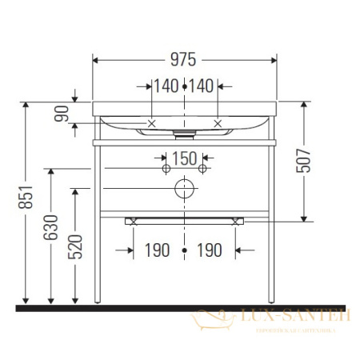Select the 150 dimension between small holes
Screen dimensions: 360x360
tap(185, 158)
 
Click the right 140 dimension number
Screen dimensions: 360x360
tap(203, 86)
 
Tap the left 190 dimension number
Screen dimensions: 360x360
tap(158, 250)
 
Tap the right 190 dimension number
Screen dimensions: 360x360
tap(209, 250)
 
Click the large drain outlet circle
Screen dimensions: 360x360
tap(185, 189)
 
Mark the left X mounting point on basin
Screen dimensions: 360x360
tap(152, 123)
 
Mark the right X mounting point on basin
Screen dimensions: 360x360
tap(218, 123)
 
